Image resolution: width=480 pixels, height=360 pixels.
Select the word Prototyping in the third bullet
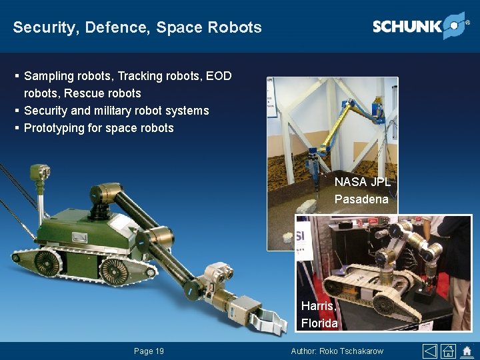(54, 128)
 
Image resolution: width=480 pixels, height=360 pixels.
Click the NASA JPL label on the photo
(362, 182)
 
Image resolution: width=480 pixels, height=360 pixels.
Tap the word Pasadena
(361, 199)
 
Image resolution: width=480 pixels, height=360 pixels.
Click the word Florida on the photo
(319, 323)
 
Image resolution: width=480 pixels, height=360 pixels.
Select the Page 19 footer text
(149, 351)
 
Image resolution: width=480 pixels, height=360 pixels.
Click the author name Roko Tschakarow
(353, 351)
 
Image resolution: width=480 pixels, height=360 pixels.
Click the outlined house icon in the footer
(449, 351)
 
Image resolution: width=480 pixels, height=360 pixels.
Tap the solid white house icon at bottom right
(467, 351)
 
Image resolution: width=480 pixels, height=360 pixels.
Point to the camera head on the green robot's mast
(42, 175)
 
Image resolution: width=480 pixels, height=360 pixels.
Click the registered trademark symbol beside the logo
(467, 22)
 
